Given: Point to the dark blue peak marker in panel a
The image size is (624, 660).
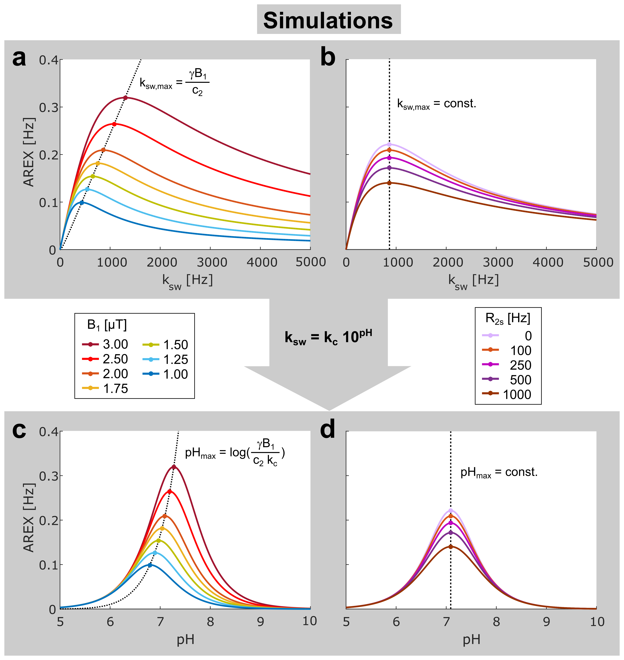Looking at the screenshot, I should pos(82,202).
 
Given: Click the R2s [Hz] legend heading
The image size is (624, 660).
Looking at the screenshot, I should pos(508,318).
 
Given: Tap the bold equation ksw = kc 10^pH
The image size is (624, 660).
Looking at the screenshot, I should pos(328,337).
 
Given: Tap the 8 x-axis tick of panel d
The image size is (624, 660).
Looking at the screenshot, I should pos(496,622).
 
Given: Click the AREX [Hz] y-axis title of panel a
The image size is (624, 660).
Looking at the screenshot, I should pos(29,152).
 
